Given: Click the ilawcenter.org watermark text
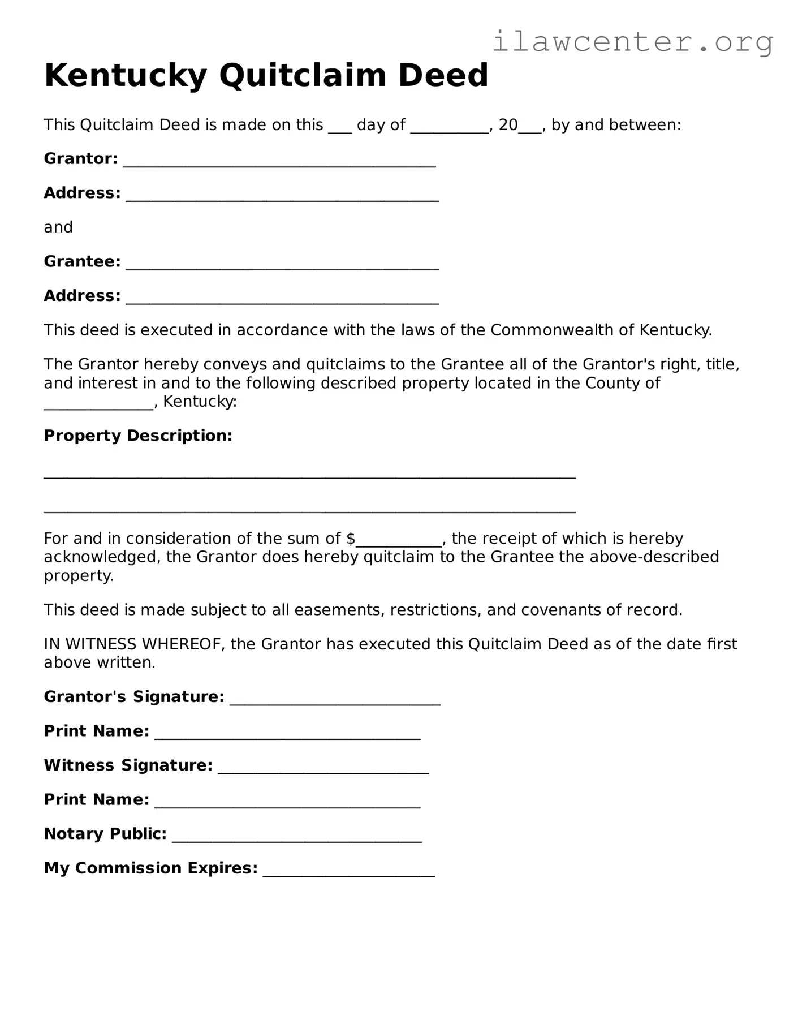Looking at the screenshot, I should point(632,41).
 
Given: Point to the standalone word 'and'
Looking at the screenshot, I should point(58,227).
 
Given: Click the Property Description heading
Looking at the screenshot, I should point(138,436).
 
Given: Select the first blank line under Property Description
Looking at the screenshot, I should point(309,475).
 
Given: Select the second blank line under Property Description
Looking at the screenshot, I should point(309,509).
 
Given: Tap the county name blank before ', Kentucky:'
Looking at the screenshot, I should point(98,406).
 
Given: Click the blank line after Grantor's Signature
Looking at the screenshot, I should point(335,701).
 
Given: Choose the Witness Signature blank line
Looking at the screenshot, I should point(323,769).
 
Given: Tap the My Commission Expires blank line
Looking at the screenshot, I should point(349,872).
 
